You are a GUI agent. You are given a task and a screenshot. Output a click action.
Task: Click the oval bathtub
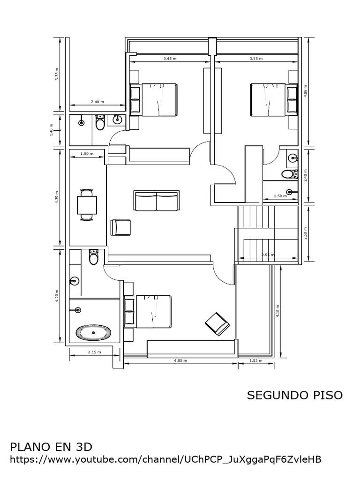tap(94, 332)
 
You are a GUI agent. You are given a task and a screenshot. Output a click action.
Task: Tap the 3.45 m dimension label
tap(170, 59)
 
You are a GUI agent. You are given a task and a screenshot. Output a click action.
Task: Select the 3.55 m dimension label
tap(256, 59)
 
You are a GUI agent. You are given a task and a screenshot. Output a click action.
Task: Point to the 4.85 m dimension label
tap(180, 360)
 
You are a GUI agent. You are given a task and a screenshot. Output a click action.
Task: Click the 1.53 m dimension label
tap(256, 360)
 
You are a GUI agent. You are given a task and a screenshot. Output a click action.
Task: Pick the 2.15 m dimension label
tap(94, 352)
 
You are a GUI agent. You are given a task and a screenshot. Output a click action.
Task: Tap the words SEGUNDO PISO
tap(294, 395)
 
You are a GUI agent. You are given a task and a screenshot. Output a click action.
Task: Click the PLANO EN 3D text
tap(51, 446)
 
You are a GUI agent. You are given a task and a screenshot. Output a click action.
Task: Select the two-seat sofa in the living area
tap(156, 201)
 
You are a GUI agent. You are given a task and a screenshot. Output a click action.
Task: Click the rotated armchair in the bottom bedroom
tap(217, 323)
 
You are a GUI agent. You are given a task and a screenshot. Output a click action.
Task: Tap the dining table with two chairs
tap(87, 204)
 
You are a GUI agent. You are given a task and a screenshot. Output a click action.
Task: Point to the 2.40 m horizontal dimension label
tap(97, 102)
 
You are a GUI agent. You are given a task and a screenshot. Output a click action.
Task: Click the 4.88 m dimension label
tap(305, 90)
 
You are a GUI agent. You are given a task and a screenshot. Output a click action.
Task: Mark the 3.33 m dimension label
tap(57, 75)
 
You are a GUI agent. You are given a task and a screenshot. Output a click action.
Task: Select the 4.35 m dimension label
tap(57, 196)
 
